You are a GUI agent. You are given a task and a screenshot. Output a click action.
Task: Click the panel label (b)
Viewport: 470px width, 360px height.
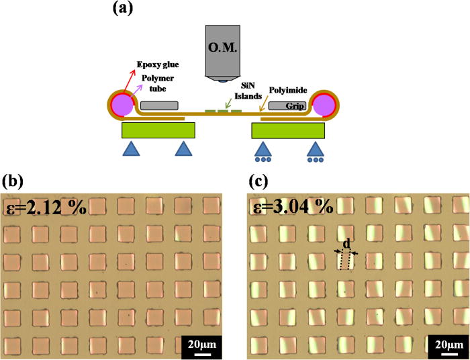pos(14,181)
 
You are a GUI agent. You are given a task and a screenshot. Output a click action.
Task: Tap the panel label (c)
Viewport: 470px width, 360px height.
pos(258,181)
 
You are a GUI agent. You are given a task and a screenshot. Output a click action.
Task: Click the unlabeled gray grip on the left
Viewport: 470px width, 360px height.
pos(160,105)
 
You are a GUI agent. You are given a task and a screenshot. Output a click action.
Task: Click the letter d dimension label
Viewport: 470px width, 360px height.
pos(346,242)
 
